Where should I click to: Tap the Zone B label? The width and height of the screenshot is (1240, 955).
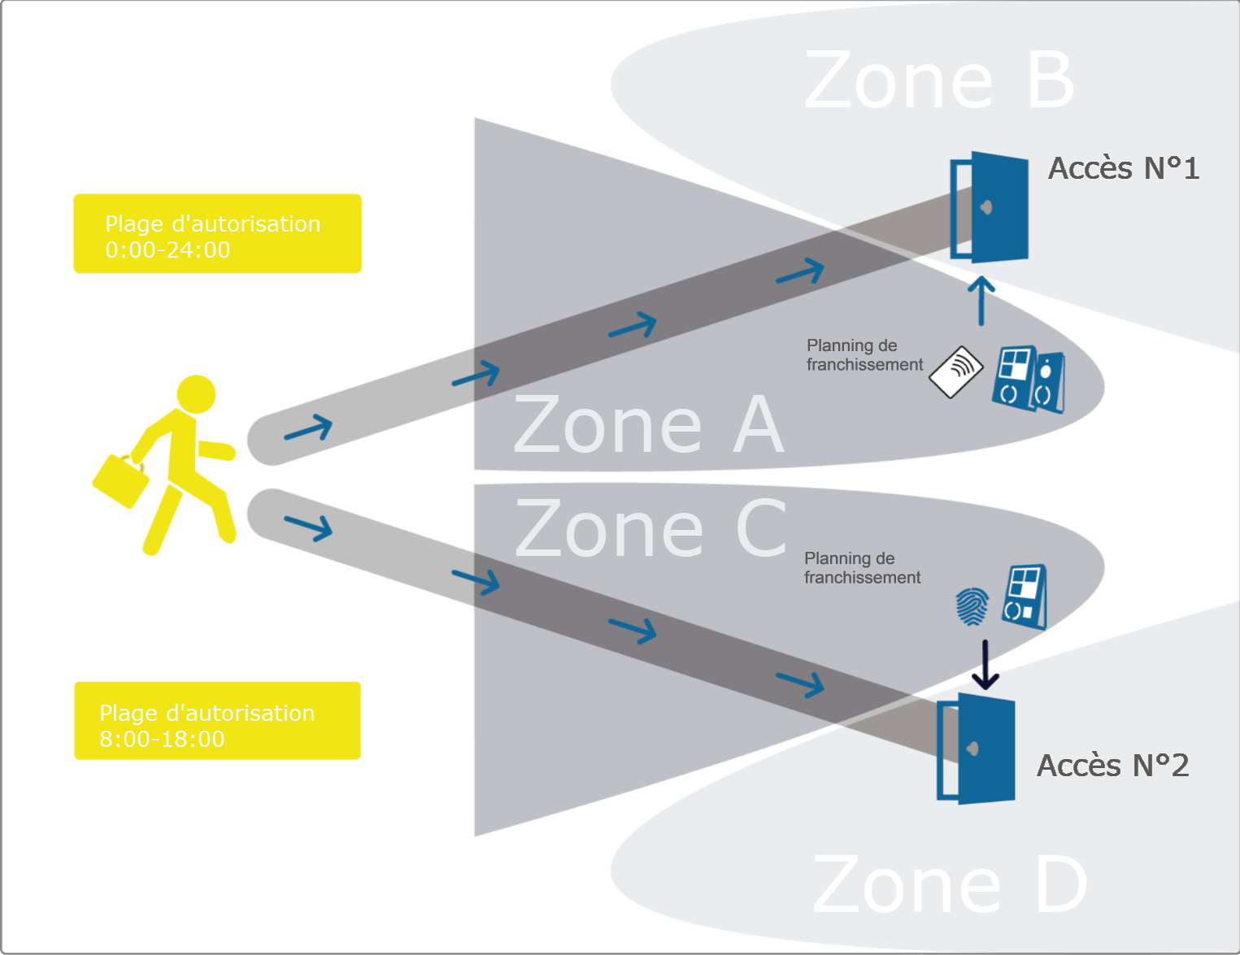pyautogui.click(x=939, y=80)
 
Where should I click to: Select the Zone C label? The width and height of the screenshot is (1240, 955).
pyautogui.click(x=650, y=529)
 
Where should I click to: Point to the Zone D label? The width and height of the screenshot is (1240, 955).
pyautogui.click(x=950, y=885)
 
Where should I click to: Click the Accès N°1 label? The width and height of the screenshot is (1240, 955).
pyautogui.click(x=1124, y=168)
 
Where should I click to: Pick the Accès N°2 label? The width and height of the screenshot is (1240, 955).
pyautogui.click(x=1113, y=765)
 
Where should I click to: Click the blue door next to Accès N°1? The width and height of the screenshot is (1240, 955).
pyautogui.click(x=990, y=207)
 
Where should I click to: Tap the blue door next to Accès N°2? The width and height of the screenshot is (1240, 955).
pyautogui.click(x=976, y=749)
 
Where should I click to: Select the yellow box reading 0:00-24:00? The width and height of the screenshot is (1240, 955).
pyautogui.click(x=217, y=233)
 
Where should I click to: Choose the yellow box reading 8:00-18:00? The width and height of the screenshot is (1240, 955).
pyautogui.click(x=217, y=721)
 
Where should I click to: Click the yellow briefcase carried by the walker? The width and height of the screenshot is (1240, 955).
pyautogui.click(x=120, y=480)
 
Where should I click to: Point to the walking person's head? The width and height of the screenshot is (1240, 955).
pyautogui.click(x=196, y=394)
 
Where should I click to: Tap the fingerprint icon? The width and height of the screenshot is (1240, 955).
pyautogui.click(x=972, y=606)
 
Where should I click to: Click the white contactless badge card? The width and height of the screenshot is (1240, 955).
pyautogui.click(x=956, y=372)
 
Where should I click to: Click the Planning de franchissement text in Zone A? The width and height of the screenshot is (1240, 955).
pyautogui.click(x=864, y=355)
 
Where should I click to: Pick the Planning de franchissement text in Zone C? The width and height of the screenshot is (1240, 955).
pyautogui.click(x=862, y=568)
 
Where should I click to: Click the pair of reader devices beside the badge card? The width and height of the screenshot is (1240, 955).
pyautogui.click(x=1029, y=379)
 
